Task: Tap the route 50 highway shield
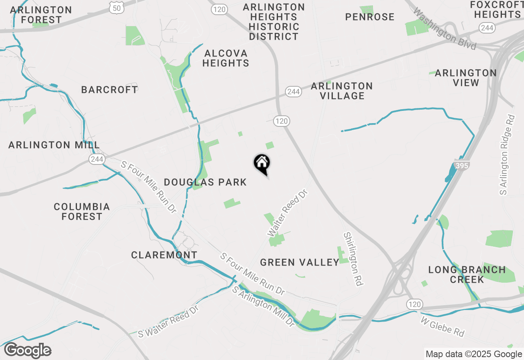117,7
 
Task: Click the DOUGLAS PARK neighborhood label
206,182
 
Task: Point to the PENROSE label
370,17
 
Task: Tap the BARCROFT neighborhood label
110,90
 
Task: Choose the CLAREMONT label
164,255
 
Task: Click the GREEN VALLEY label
300,262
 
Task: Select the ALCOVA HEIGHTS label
226,58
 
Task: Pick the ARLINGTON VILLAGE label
342,91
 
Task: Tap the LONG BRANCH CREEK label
467,274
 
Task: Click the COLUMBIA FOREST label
82,211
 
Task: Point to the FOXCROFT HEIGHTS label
495,9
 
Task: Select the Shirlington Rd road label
353,259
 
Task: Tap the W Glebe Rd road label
443,326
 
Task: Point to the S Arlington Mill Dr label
263,307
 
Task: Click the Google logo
28,351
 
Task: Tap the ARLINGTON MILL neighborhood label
54,145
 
